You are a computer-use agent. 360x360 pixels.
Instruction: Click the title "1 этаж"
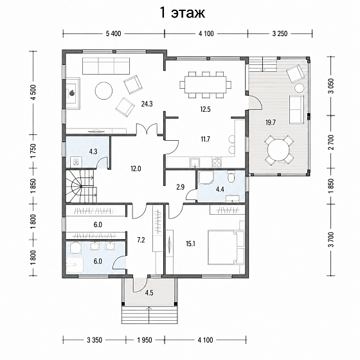pos(182,13)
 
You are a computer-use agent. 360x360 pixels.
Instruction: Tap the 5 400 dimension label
pos(113,33)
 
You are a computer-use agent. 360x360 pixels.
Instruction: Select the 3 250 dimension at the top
pos(280,33)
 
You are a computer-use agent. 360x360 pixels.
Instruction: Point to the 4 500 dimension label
pos(33,93)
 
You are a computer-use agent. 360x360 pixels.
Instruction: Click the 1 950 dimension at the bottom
pos(145,340)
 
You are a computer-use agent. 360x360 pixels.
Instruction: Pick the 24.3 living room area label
pos(147,104)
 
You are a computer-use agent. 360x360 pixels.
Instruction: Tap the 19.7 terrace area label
pos(271,122)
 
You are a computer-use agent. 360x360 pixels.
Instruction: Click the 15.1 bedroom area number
pos(190,244)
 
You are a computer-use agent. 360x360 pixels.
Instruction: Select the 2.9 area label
pos(181,187)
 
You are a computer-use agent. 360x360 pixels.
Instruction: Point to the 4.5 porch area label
pos(149,292)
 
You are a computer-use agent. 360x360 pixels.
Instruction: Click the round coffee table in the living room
pos(104,91)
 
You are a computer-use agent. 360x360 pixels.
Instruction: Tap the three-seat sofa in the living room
pos(106,66)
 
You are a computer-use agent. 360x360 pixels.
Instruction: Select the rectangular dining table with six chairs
pos(205,85)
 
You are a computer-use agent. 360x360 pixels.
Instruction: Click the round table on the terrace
pos(279,150)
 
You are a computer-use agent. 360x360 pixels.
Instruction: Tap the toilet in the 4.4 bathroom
pos(231,176)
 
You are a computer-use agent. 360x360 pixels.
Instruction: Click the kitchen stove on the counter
pos(217,162)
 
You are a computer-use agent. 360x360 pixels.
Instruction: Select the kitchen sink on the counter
pos(195,163)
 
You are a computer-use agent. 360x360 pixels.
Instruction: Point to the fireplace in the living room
pos(73,93)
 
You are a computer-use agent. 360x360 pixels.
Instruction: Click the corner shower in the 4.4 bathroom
pos(206,177)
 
